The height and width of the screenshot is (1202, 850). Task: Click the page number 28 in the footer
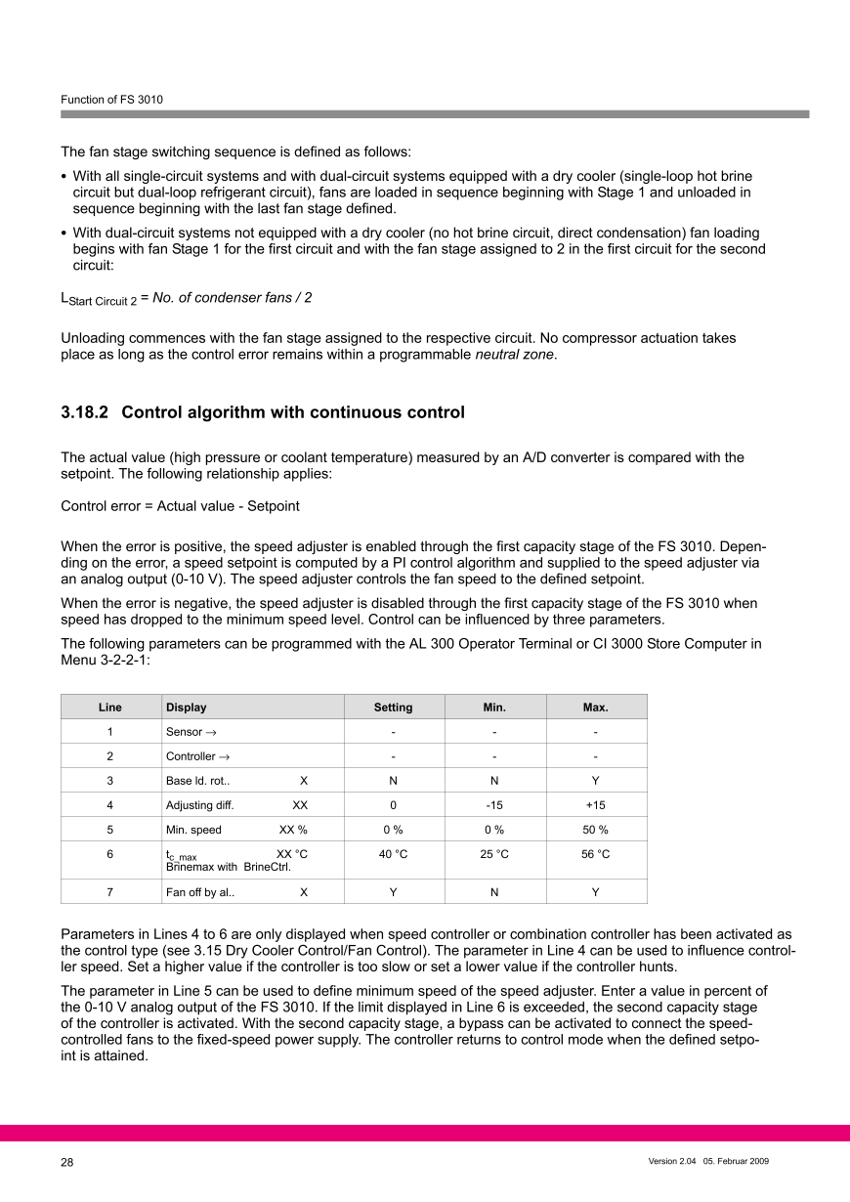[67, 1163]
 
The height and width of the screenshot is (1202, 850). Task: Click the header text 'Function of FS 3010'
[112, 100]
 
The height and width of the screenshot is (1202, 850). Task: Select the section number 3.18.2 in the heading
[84, 412]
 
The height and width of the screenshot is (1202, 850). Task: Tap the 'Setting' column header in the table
[394, 708]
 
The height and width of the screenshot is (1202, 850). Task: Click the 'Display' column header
[187, 708]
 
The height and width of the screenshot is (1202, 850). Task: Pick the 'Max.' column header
[596, 708]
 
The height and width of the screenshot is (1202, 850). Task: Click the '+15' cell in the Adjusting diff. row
[596, 805]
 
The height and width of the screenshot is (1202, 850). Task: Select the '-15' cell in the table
[494, 805]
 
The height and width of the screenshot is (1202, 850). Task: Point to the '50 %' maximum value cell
[596, 830]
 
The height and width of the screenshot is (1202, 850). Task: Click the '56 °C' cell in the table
[596, 854]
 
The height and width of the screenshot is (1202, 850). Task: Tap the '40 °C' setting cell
[394, 854]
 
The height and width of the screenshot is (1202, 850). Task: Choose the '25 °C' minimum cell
[494, 854]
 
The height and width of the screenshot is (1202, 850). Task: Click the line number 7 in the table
[110, 892]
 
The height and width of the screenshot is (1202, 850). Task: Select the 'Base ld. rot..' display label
[197, 781]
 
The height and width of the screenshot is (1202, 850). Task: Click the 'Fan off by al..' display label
[200, 892]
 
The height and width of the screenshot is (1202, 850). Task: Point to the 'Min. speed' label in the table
[193, 830]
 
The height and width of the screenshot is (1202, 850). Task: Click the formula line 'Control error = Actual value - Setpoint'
[180, 506]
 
